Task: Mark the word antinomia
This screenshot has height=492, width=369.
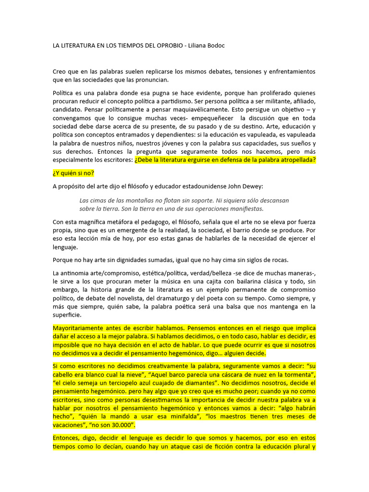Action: (x=76, y=273)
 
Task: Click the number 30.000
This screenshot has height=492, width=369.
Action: (x=116, y=425)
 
